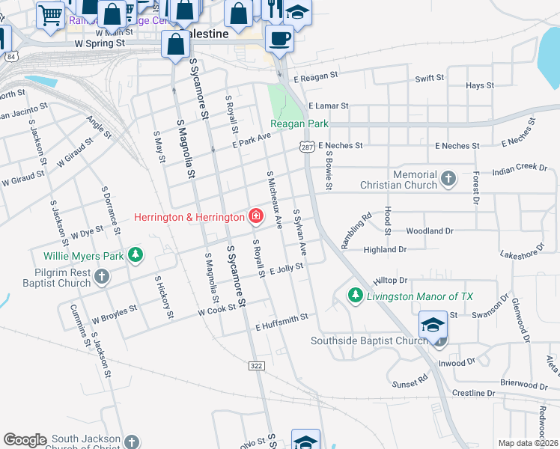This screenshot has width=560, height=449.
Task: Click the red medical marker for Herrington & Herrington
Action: tap(255, 217)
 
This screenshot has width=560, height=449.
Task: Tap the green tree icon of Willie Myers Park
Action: tap(136, 256)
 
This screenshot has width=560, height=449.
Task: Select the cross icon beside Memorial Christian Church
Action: tap(448, 178)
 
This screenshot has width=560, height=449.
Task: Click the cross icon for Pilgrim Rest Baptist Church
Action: tap(103, 278)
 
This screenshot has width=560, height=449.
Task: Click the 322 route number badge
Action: tap(255, 365)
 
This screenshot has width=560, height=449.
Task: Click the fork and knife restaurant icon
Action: tap(275, 9)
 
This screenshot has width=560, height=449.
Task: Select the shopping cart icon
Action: tap(51, 13)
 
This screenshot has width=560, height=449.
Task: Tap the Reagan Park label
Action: tap(299, 123)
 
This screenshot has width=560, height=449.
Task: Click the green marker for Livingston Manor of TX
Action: tap(356, 296)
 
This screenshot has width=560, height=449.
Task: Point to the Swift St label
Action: tap(430, 78)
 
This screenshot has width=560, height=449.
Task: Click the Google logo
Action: tap(25, 440)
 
